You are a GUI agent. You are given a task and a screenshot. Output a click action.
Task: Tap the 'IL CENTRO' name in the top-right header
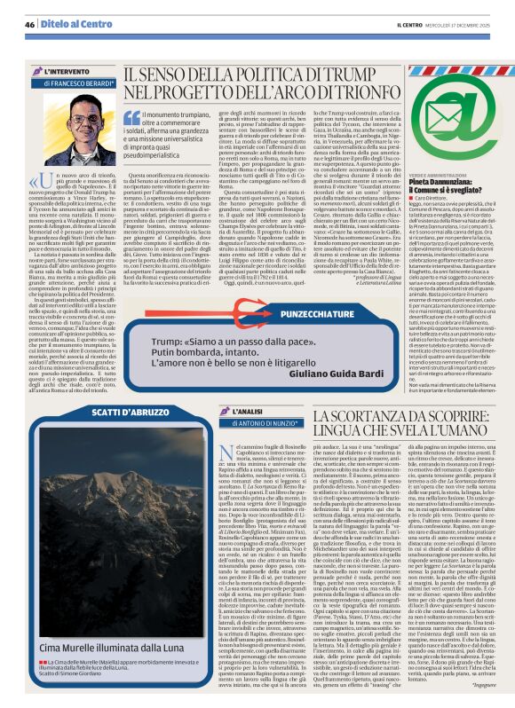(413, 25)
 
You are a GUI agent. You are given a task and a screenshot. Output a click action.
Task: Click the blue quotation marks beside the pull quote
(131, 117)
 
